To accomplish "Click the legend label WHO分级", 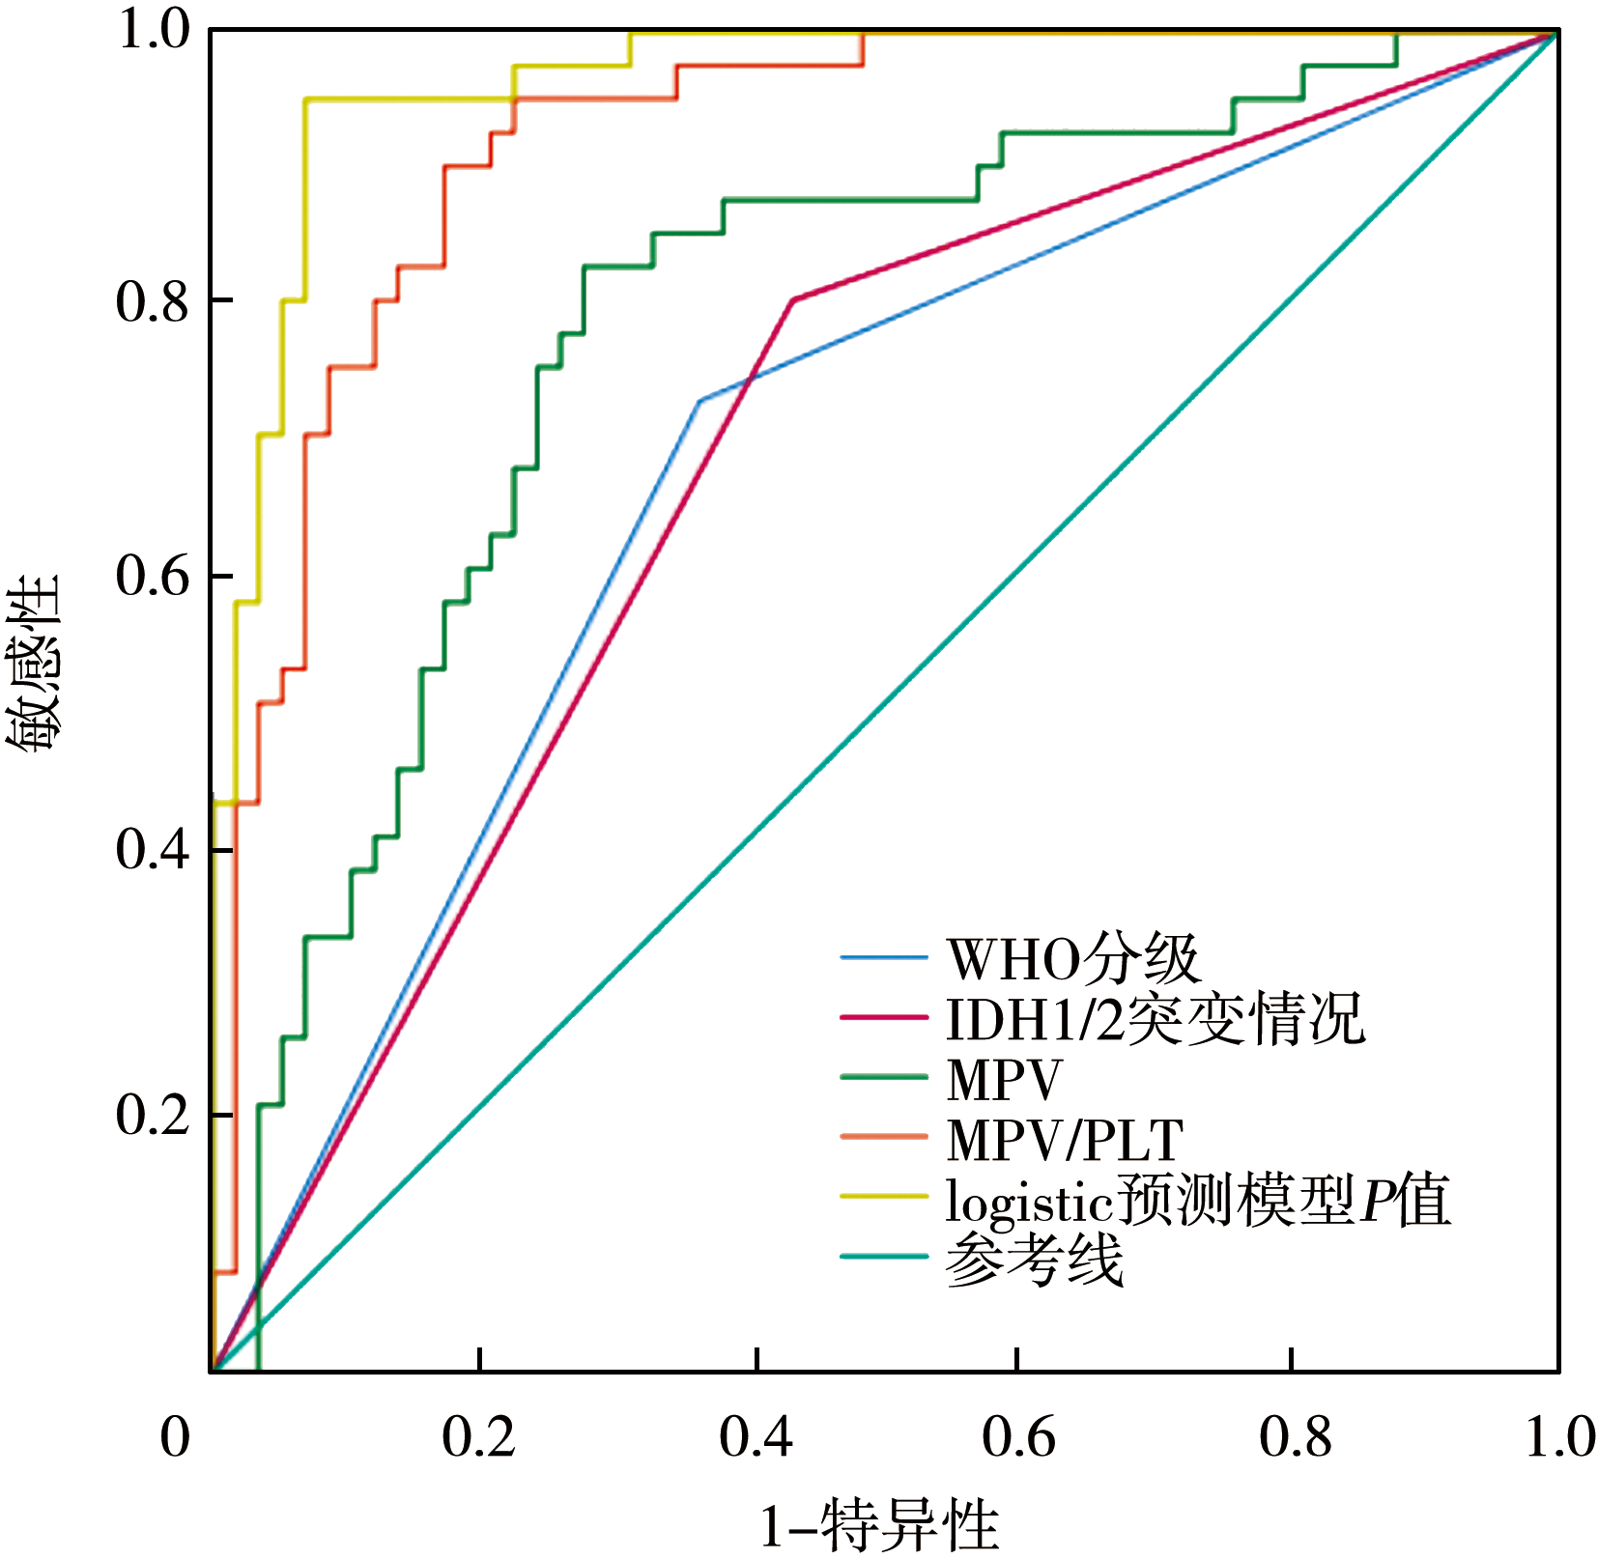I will (1072, 959).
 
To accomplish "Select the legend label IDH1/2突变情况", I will (1155, 1019).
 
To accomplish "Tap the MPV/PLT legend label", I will (1064, 1140).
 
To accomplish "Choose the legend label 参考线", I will (1034, 1261).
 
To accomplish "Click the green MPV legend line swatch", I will (883, 1078).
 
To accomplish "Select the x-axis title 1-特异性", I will (878, 1526).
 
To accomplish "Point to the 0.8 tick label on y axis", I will (153, 302).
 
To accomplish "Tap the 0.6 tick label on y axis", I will (153, 577).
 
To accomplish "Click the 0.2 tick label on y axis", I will (153, 1116).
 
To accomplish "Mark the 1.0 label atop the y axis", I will (153, 31).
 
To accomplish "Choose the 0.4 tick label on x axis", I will (756, 1437).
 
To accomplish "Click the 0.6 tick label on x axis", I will (1018, 1437).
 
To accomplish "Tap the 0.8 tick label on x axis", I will (1295, 1437).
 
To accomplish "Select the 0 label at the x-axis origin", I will (175, 1437).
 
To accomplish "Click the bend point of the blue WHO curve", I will (699, 400).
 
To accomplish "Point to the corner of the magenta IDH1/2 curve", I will (793, 299).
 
